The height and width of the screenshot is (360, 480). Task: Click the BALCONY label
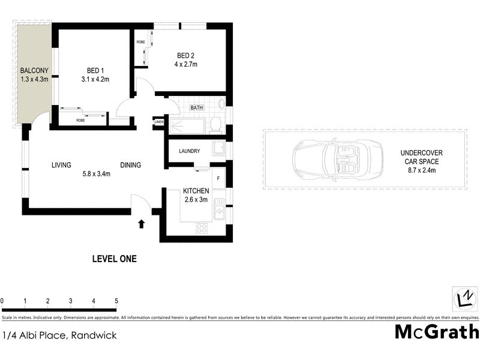point(34,70)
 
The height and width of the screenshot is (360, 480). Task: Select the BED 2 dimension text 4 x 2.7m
point(185,64)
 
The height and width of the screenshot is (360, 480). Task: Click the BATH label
point(196,108)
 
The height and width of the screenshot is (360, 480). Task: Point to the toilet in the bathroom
point(215,125)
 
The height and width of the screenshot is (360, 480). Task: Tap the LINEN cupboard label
point(159,122)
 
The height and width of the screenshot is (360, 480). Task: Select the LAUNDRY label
point(189,151)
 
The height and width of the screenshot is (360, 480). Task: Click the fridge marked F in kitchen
point(218,178)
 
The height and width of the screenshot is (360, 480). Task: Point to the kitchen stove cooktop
point(202,228)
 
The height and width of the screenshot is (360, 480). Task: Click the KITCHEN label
point(196,191)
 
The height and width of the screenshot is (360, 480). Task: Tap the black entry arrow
point(142,224)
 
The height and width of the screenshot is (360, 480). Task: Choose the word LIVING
point(61,165)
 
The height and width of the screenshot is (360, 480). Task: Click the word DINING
point(131,165)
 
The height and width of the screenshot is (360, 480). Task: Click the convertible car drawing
point(337,159)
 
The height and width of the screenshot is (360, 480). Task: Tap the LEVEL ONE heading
point(114,259)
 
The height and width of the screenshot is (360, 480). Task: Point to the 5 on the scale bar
point(116,301)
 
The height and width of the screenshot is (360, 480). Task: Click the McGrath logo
point(436,332)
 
